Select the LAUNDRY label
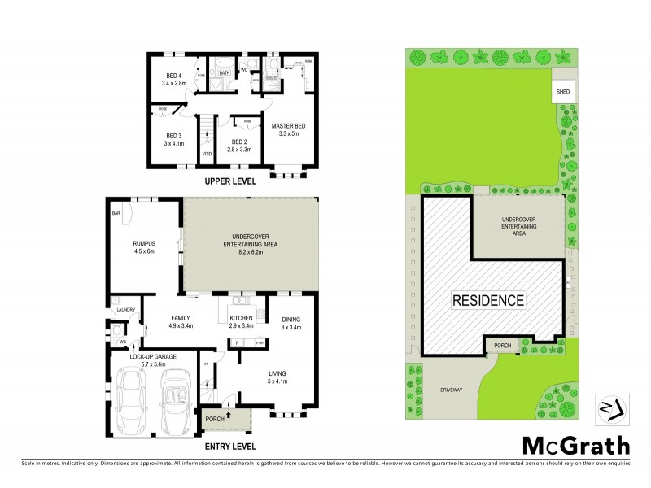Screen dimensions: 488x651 [125, 309]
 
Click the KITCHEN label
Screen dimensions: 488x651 [242, 318]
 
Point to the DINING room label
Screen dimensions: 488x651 [291, 318]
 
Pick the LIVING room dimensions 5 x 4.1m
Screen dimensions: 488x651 [279, 381]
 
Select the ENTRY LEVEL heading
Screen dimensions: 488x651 [230, 446]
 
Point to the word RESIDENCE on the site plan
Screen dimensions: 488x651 [487, 300]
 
